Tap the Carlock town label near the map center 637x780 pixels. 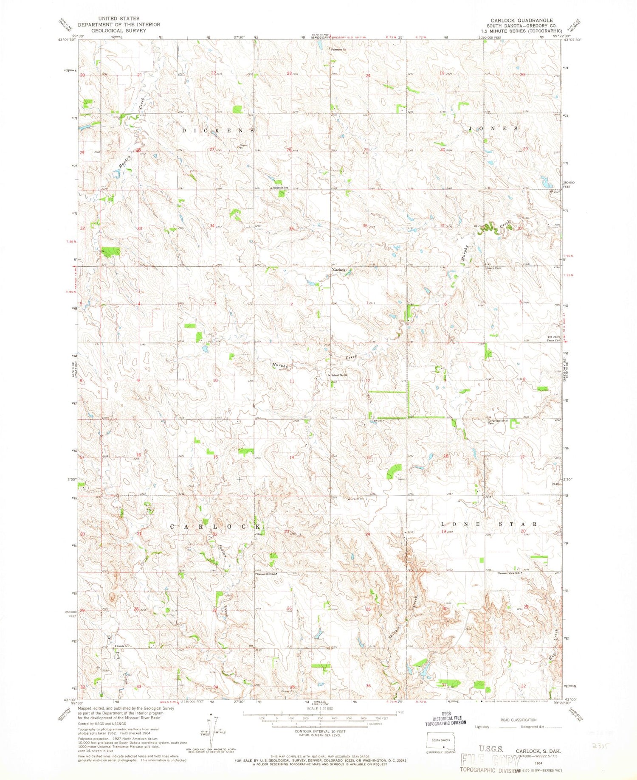[339, 269]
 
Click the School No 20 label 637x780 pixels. [339, 375]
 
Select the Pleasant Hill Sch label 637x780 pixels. [266, 574]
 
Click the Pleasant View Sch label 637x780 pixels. [509, 573]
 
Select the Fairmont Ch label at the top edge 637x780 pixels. [339, 50]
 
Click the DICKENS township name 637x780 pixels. [218, 130]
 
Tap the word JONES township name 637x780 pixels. [493, 128]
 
